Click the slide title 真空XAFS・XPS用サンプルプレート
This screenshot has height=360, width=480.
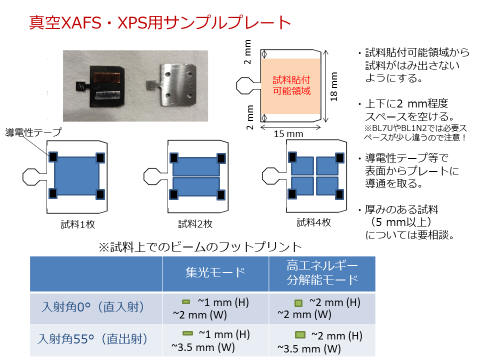coord(160,22)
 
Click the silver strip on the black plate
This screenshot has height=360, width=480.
coord(107,96)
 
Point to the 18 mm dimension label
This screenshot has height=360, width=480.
coord(333,86)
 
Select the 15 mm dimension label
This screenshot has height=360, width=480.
coord(288,134)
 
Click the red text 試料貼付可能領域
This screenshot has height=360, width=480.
coord(291,85)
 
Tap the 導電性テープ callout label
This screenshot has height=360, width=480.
coord(33,132)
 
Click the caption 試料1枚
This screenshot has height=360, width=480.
coord(78,224)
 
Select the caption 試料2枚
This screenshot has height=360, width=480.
coord(195,224)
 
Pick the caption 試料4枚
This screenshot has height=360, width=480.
coord(314,222)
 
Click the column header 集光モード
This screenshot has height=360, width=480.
coord(215,272)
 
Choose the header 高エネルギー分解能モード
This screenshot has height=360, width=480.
coord(322,272)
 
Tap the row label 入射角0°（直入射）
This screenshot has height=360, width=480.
coord(93,306)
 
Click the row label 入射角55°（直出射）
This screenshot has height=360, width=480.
coord(93,339)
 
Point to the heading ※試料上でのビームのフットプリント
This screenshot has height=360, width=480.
coord(200,246)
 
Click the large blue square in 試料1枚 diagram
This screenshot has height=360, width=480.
coord(76,176)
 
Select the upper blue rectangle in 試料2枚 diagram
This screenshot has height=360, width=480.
coord(196,166)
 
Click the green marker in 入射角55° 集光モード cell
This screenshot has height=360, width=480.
coord(187,333)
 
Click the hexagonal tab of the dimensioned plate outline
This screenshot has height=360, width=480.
coord(245,85)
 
